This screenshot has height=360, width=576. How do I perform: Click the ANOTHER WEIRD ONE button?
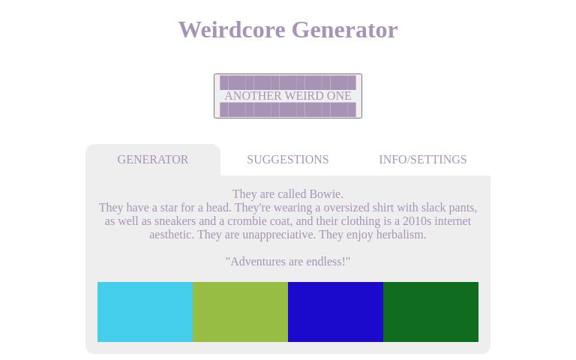(288, 96)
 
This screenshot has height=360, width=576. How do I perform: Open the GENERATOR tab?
(153, 160)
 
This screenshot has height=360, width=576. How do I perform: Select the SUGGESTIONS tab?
(288, 160)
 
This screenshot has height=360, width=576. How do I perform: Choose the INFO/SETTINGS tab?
(422, 160)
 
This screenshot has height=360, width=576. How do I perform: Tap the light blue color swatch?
(145, 312)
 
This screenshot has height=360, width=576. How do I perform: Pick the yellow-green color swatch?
(240, 312)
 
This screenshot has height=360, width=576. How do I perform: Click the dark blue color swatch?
(335, 312)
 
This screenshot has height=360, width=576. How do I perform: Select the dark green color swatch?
(430, 312)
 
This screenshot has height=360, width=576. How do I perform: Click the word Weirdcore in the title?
(232, 30)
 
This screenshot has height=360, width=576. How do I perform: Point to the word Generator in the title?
(344, 30)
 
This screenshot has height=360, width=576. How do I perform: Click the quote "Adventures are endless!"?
(288, 262)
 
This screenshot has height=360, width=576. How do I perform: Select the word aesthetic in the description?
(172, 235)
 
